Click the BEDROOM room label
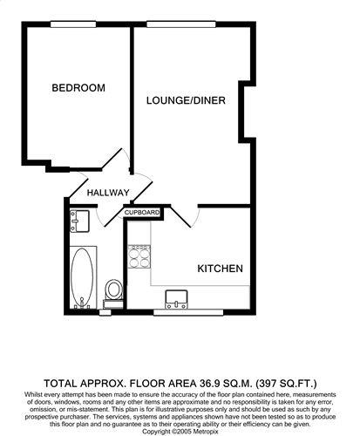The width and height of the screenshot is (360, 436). tap(78, 88)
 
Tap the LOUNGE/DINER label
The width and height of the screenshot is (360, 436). tap(187, 101)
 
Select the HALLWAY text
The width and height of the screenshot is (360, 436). tap(108, 193)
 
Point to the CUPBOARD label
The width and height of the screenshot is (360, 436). tap(142, 212)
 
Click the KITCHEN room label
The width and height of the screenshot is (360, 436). tap(219, 269)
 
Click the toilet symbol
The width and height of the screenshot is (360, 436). tap(112, 289)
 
